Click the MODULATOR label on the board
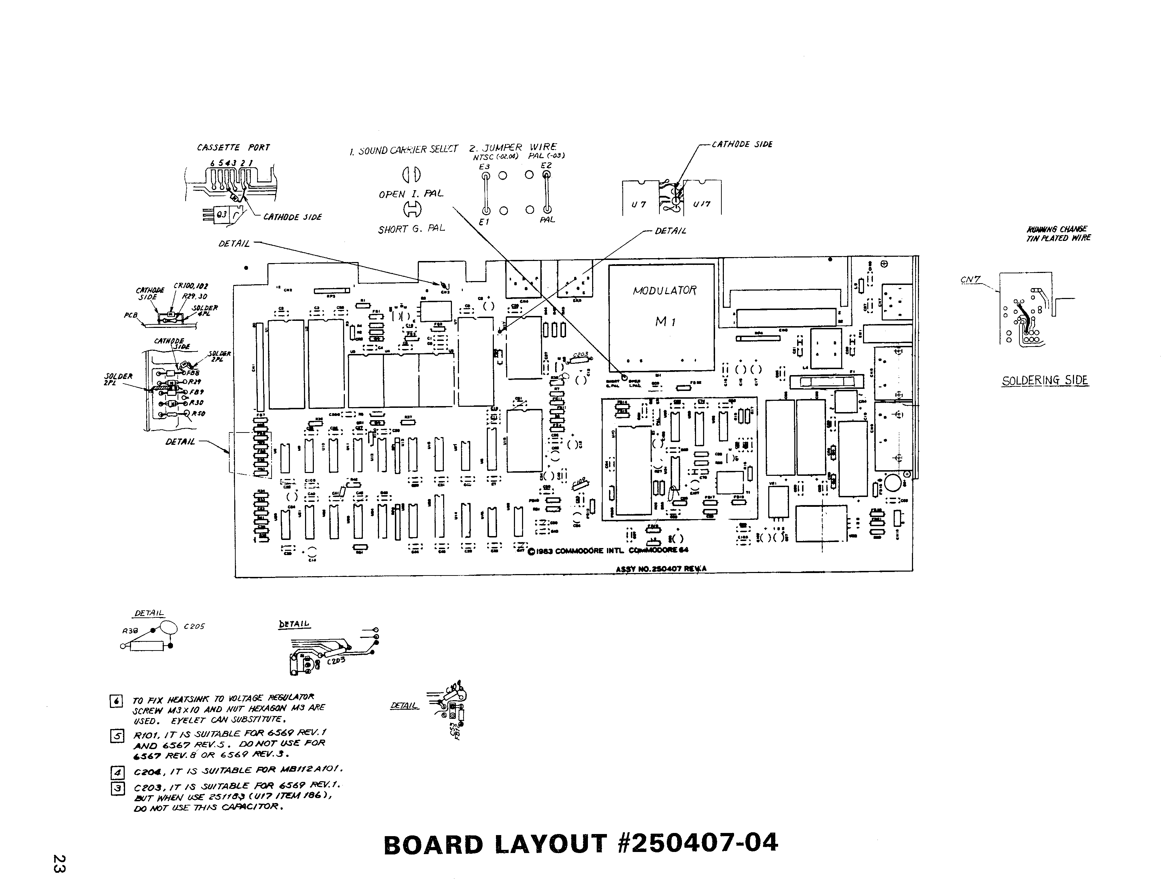click(664, 290)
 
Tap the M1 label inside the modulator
click(665, 322)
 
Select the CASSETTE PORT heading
click(234, 147)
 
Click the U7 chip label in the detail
click(639, 205)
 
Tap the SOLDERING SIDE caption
click(1044, 380)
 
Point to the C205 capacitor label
click(194, 627)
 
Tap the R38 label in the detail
click(130, 631)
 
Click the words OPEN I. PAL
click(410, 194)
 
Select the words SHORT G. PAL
click(411, 229)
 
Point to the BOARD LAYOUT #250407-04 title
click(580, 844)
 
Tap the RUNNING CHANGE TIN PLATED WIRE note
click(1058, 233)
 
